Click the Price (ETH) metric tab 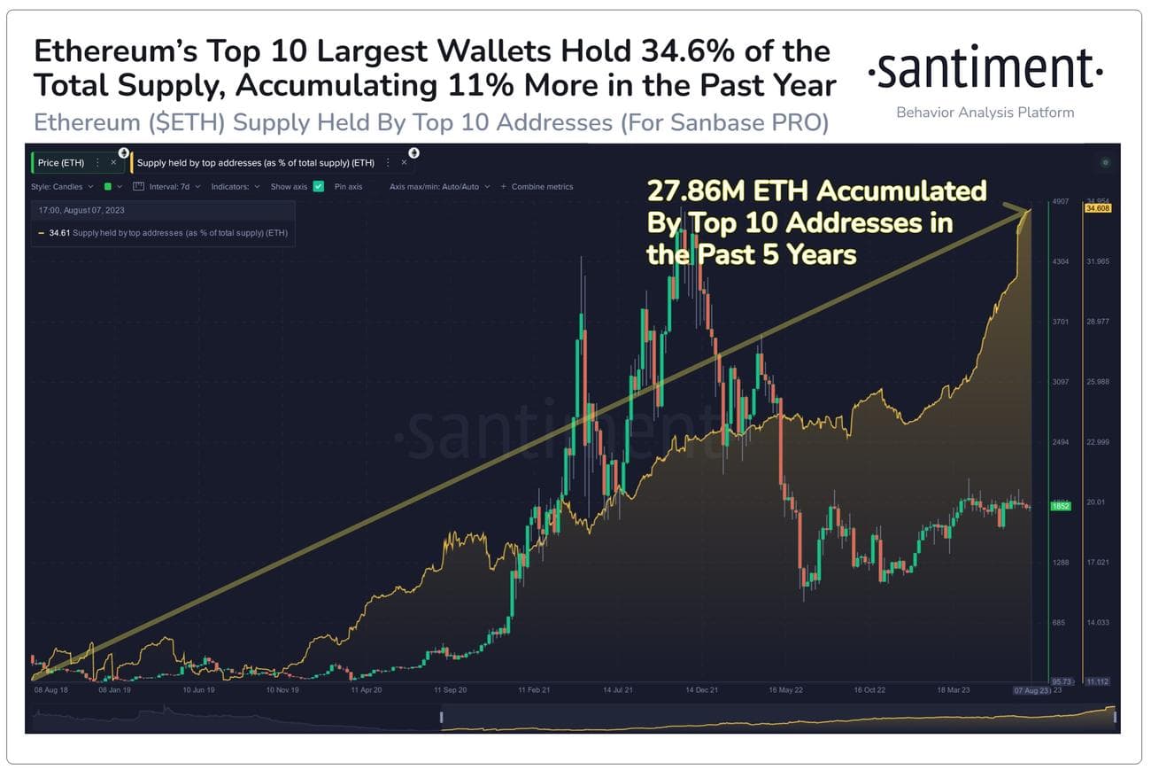point(61,163)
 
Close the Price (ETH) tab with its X point(113,163)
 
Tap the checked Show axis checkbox point(318,187)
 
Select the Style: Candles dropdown point(62,187)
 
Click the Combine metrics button point(537,187)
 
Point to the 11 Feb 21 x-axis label point(534,688)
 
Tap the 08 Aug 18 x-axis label point(50,688)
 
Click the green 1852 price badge point(1061,506)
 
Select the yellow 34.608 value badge point(1098,208)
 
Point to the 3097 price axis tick point(1060,382)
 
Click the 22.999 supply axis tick point(1098,442)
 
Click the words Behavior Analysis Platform point(985,113)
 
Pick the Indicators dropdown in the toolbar point(236,187)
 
